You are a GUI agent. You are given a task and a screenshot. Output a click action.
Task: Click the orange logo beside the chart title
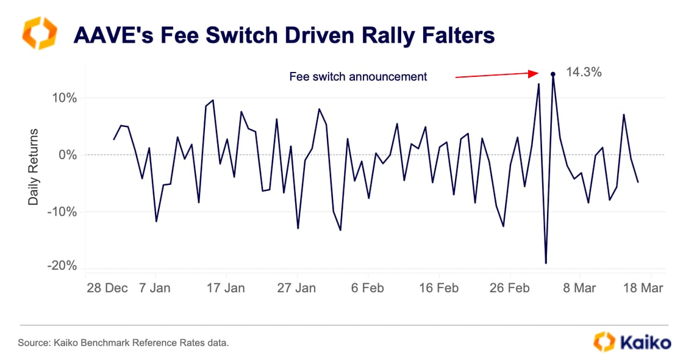(x=40, y=34)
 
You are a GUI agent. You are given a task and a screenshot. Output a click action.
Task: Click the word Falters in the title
(x=456, y=35)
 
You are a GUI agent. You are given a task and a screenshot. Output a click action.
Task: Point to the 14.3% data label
(x=584, y=73)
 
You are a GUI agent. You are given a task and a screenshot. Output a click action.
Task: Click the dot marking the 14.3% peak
(x=552, y=74)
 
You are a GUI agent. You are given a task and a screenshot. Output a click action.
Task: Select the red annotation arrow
(x=495, y=75)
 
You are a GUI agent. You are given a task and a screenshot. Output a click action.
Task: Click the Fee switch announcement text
(x=358, y=77)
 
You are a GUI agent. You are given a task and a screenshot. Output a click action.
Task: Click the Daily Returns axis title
(x=33, y=166)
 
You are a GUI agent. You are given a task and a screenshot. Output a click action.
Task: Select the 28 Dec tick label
(x=107, y=287)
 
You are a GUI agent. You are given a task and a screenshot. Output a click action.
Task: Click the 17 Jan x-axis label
(x=226, y=287)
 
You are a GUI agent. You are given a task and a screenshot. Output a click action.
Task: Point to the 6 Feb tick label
(x=367, y=287)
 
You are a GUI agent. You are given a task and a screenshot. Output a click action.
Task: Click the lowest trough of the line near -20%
(x=546, y=263)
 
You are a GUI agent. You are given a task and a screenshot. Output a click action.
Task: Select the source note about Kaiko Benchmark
(x=124, y=344)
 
